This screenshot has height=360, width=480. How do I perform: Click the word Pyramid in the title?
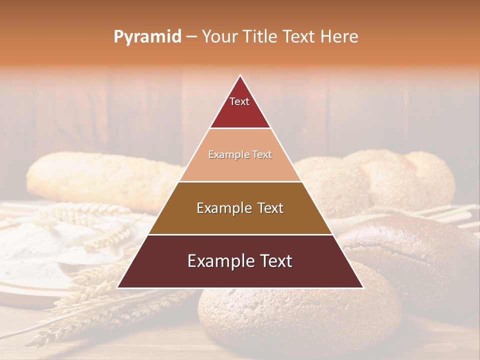coord(147,36)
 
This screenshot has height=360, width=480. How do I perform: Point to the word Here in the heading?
coord(339,36)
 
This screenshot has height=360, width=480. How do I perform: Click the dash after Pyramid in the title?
coord(191,37)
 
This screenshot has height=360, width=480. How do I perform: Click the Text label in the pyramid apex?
coord(239,101)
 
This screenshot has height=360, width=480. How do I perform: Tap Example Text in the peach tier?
coord(240,154)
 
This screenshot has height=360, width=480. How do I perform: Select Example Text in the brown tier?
coord(240,208)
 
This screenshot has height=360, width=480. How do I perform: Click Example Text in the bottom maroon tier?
coord(240,261)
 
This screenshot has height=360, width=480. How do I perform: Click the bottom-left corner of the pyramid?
coord(117,287)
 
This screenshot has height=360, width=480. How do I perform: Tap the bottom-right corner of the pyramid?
coord(363,287)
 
